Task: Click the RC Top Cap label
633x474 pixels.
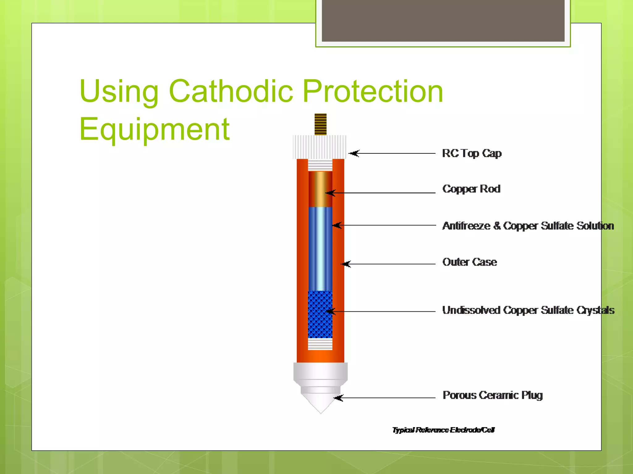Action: [471, 153]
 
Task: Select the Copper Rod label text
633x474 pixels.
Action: [471, 189]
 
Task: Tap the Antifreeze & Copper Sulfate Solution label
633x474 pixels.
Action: [528, 226]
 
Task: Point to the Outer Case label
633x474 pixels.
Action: [469, 262]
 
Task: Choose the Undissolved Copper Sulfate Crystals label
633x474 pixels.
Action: [528, 310]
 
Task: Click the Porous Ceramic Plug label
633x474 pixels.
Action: [492, 395]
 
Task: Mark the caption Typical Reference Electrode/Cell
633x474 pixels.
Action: [443, 430]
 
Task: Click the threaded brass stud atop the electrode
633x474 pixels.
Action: [321, 124]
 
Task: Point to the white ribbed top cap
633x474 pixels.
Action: [320, 147]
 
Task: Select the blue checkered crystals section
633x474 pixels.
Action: [320, 314]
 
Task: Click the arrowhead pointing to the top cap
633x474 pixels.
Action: [354, 153]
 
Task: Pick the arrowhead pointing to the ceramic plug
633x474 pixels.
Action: [338, 398]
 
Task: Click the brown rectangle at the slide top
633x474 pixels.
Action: [443, 20]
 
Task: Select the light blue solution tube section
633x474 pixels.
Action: [320, 248]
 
